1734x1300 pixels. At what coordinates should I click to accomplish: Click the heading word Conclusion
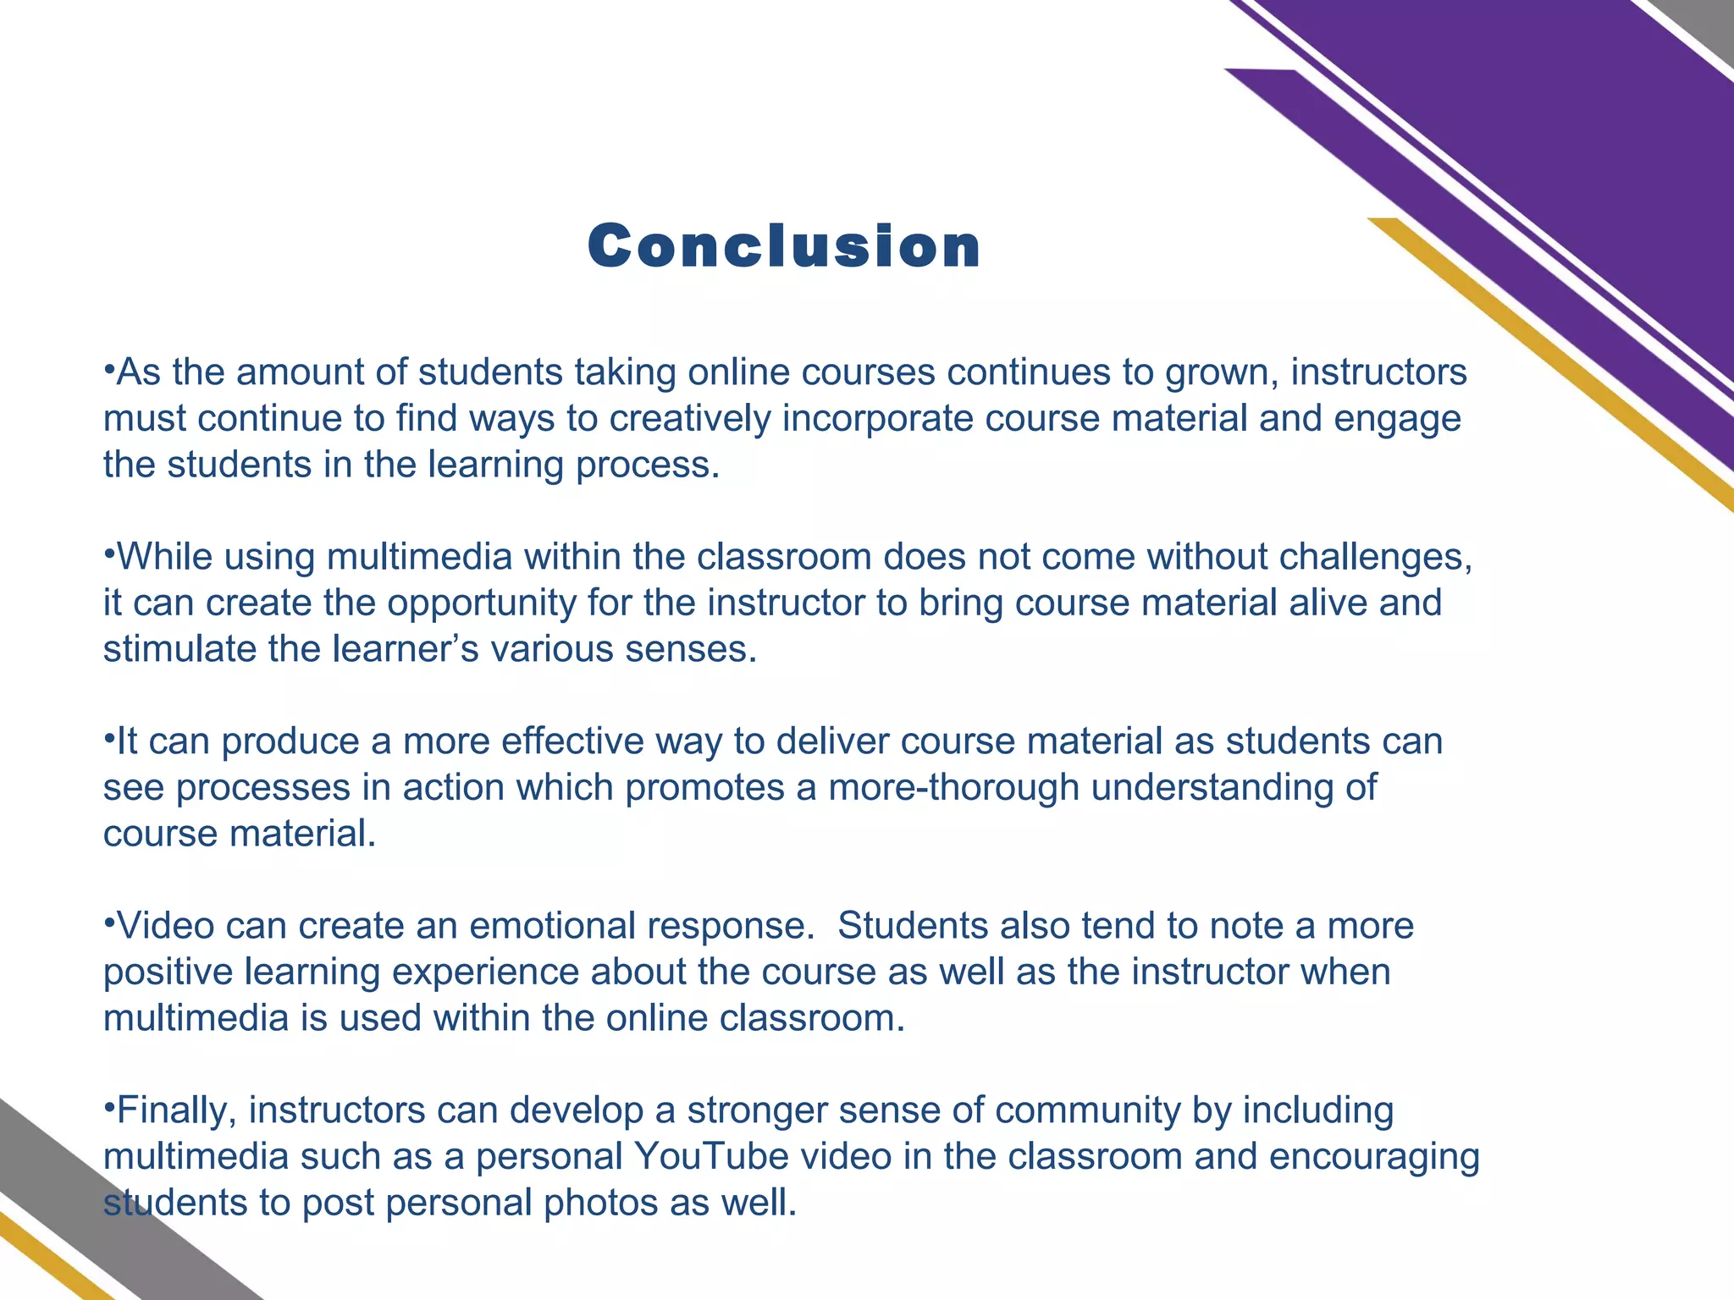pos(784,246)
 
